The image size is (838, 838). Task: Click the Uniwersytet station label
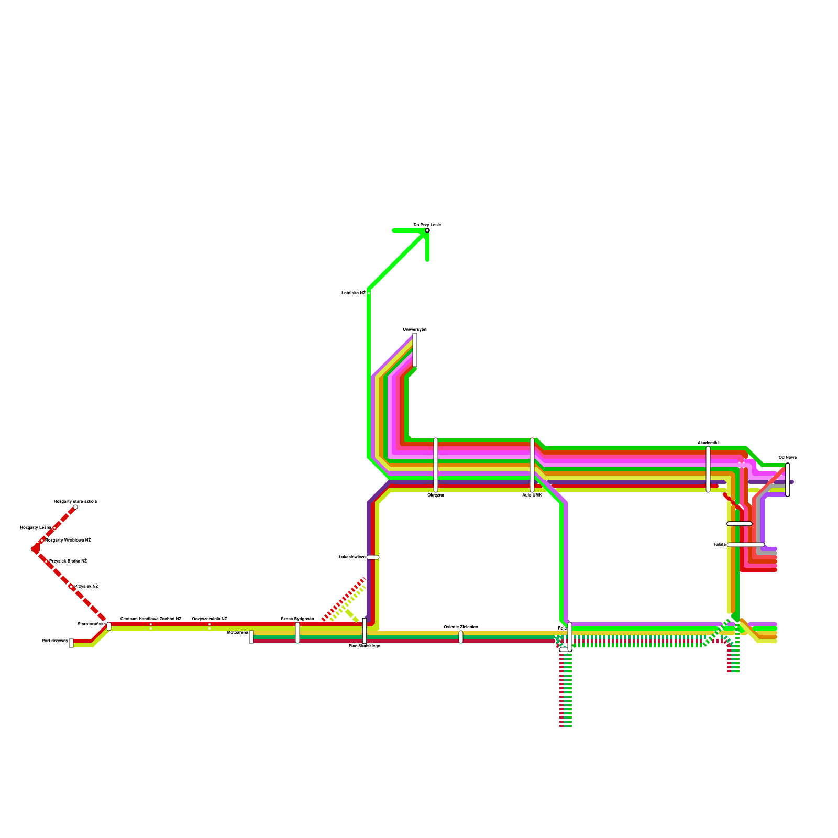pos(415,329)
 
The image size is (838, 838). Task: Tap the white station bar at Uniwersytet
pos(415,350)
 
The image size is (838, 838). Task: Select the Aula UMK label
pos(532,495)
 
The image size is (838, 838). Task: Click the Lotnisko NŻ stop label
pos(353,293)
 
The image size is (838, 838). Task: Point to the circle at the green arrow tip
pos(427,230)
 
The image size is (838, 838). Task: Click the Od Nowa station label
pos(787,457)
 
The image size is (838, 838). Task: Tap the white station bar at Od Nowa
pos(788,479)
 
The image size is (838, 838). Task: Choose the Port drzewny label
pos(54,641)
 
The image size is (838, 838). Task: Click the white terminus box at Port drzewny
pos(71,643)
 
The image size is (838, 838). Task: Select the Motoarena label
pos(237,632)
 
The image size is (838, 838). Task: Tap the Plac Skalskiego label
pos(365,646)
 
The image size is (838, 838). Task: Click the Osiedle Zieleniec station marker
pos(461,637)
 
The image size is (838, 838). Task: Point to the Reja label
pos(561,628)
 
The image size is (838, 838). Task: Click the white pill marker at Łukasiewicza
pos(373,557)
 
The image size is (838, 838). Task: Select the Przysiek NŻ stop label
pos(86,586)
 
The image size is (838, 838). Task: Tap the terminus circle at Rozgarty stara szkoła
pos(75,507)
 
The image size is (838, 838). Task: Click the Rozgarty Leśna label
pos(36,527)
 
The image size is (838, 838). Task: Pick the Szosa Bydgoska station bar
pos(297,633)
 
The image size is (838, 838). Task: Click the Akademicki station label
pos(708,443)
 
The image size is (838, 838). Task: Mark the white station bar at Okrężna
pos(436,465)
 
